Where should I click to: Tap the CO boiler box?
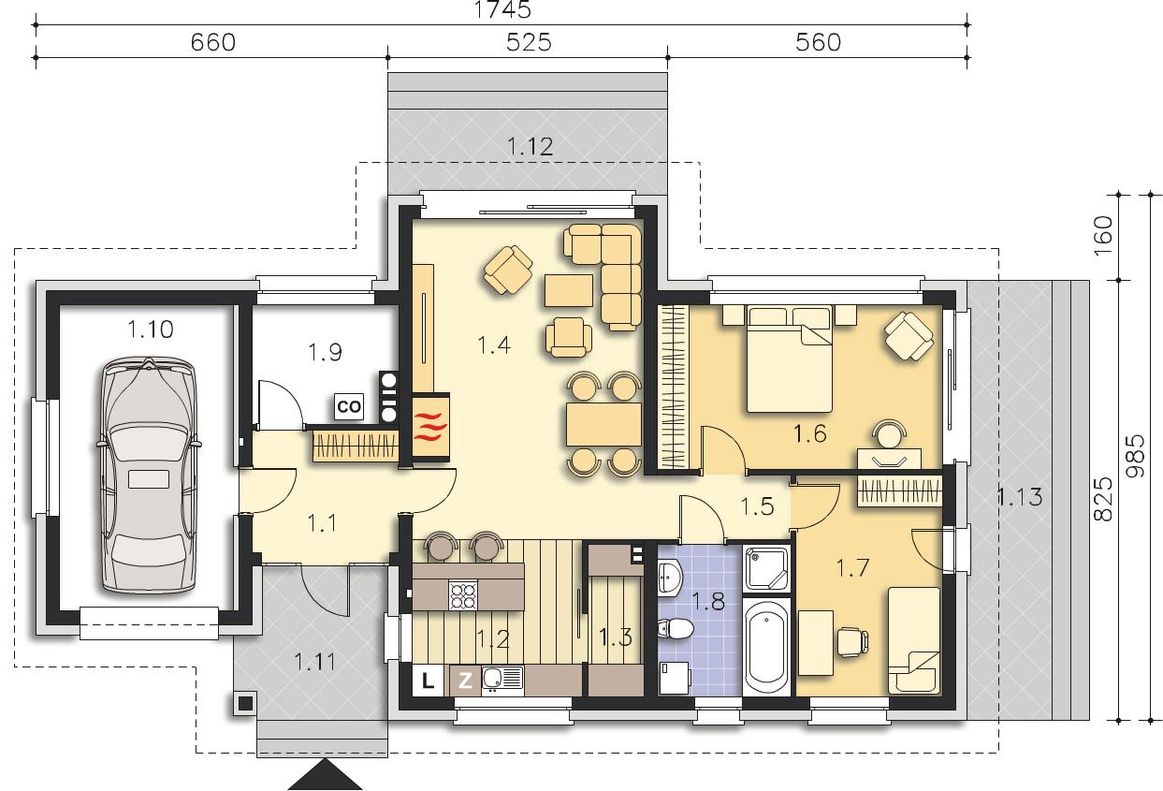click(348, 406)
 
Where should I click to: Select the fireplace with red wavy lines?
click(431, 428)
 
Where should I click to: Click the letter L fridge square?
click(428, 680)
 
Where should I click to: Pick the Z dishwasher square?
click(465, 680)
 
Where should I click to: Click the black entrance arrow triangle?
click(325, 774)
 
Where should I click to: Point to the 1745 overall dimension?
click(502, 10)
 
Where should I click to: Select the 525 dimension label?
click(529, 42)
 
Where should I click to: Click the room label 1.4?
click(494, 345)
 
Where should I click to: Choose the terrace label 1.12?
click(531, 146)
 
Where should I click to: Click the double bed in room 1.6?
click(789, 359)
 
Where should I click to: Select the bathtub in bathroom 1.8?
click(766, 647)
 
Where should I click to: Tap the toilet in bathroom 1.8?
click(676, 629)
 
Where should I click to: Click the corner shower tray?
click(766, 569)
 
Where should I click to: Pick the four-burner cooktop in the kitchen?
click(462, 595)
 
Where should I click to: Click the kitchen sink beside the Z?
click(502, 680)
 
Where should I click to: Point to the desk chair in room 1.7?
click(852, 642)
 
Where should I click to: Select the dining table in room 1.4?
click(603, 424)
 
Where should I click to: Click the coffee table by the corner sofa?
click(569, 291)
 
